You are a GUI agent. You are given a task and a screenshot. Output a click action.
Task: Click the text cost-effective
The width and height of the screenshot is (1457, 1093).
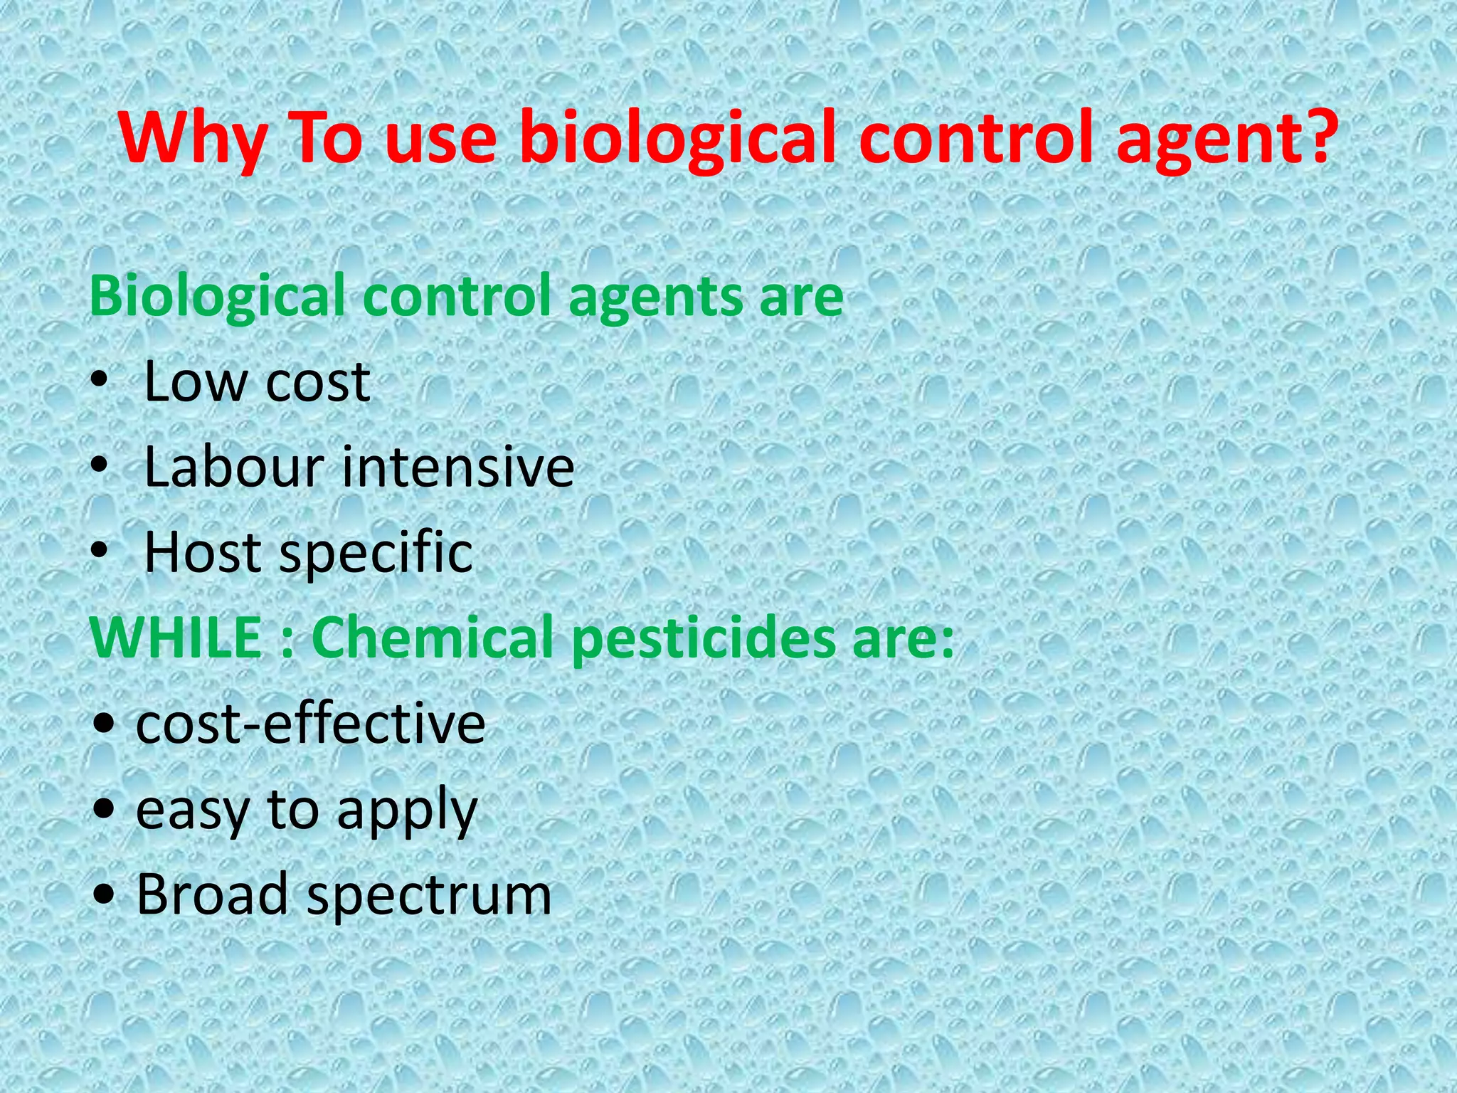tap(310, 724)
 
